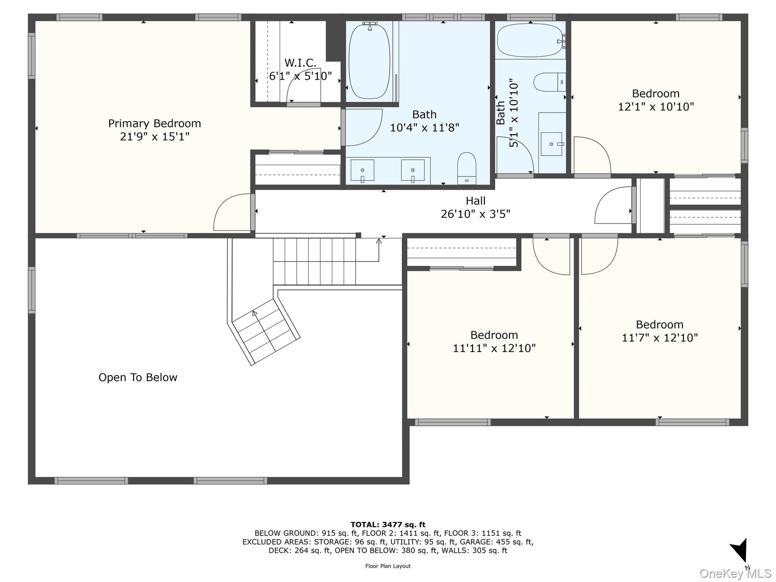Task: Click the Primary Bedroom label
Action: (154, 123)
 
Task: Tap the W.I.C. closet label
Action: (300, 63)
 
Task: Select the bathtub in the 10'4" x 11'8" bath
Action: (369, 61)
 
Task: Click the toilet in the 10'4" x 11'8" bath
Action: (467, 168)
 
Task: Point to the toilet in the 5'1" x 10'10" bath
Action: (550, 82)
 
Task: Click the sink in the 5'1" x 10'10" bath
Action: (552, 144)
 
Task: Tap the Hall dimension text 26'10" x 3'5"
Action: (476, 214)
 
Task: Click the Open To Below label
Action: (138, 377)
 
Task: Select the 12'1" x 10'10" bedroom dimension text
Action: (656, 107)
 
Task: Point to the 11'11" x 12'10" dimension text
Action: (494, 348)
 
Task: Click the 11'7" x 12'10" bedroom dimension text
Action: (660, 337)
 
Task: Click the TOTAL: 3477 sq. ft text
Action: (388, 525)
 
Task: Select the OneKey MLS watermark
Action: (736, 573)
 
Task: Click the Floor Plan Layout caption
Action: (388, 566)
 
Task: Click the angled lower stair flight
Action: (265, 331)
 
